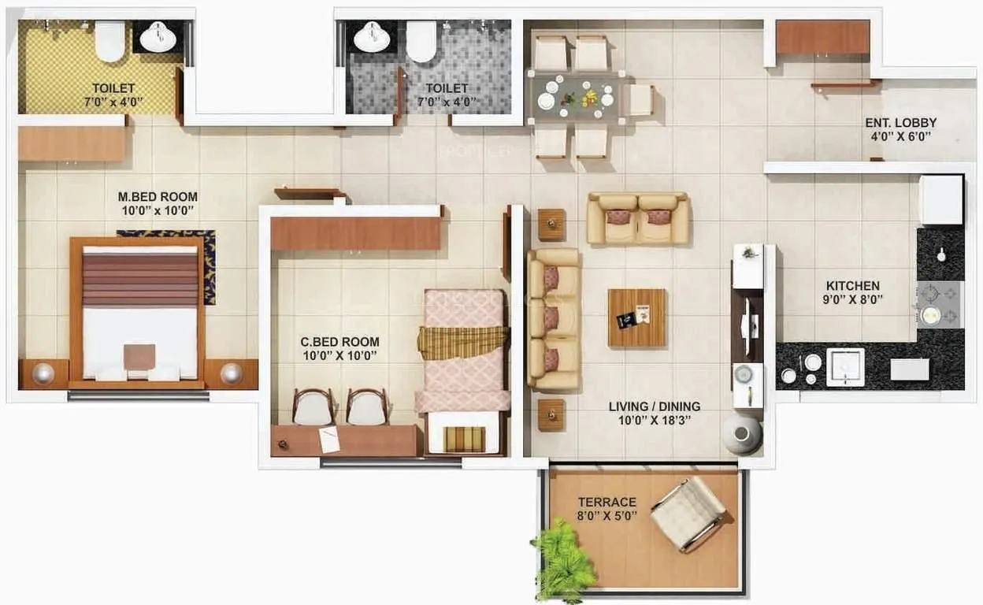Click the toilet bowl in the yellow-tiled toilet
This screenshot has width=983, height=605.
pyautogui.click(x=109, y=40)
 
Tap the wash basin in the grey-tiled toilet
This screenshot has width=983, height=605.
pyautogui.click(x=369, y=36)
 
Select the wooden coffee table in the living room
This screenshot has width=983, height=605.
pyautogui.click(x=636, y=317)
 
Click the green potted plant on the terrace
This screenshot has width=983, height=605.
pyautogui.click(x=562, y=561)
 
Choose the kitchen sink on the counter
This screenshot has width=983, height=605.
pyautogui.click(x=845, y=367)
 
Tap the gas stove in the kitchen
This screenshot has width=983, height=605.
pyautogui.click(x=939, y=303)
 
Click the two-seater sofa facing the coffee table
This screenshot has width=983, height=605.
pyautogui.click(x=638, y=218)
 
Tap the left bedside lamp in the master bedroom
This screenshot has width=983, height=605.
pyautogui.click(x=43, y=373)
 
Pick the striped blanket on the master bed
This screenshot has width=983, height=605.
pyautogui.click(x=140, y=279)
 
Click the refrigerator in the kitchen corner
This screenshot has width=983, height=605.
pyautogui.click(x=941, y=199)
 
